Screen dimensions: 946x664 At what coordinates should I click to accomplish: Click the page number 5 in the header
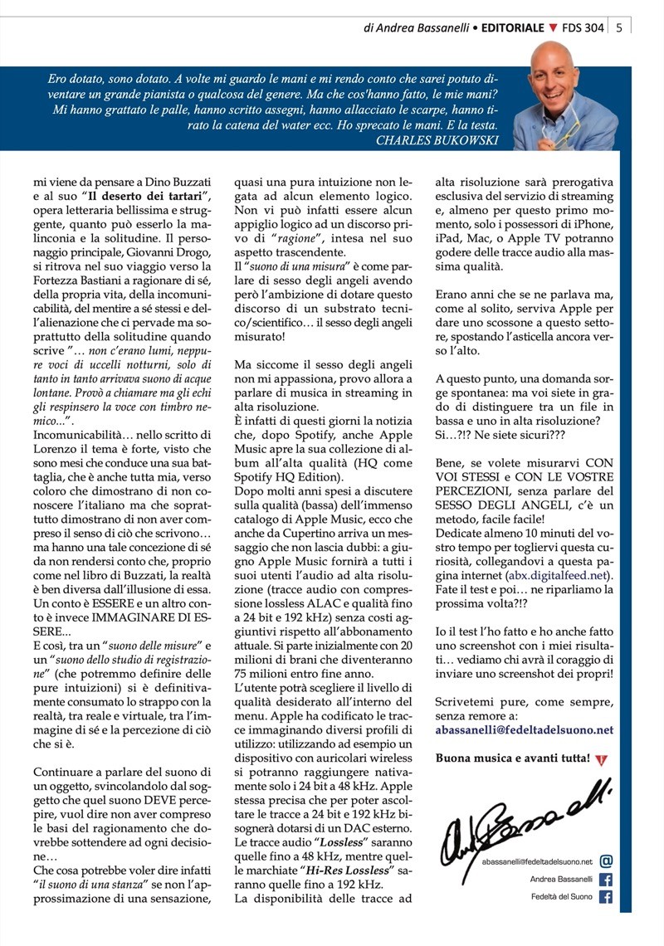click(x=620, y=27)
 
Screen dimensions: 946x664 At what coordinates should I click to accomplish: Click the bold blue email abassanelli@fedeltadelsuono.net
click(x=524, y=730)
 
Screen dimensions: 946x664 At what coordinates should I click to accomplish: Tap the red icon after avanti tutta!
click(x=602, y=758)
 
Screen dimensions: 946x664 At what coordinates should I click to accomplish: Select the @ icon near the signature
click(x=606, y=862)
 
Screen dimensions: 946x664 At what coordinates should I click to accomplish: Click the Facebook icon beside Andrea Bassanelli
click(x=606, y=880)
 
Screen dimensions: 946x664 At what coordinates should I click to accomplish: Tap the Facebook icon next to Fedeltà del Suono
click(x=606, y=897)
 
